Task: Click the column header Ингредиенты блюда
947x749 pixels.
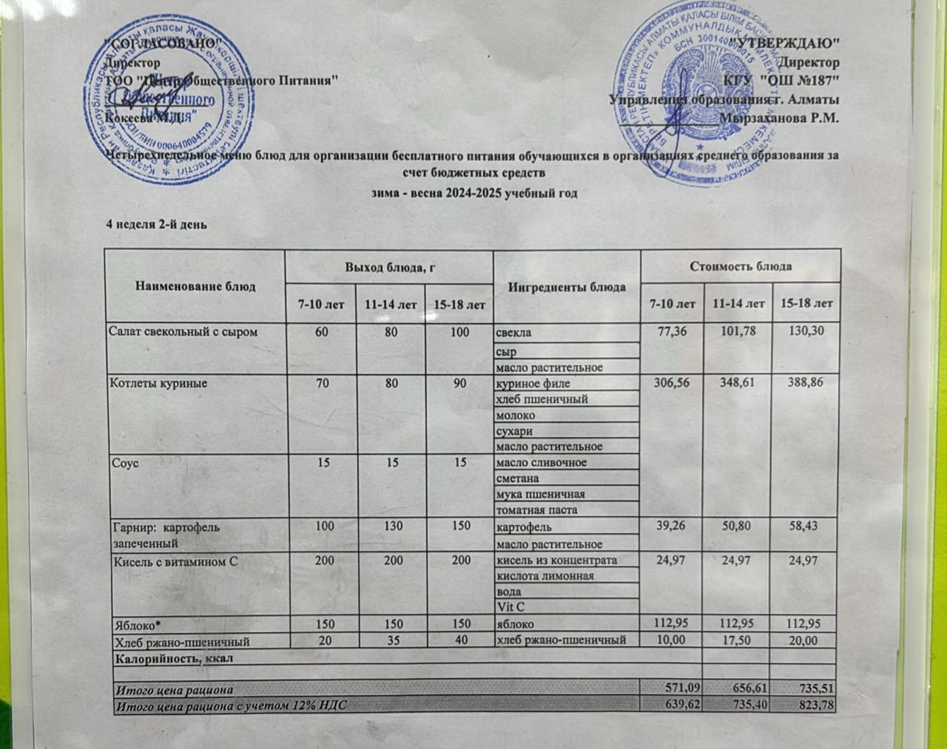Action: coord(567,287)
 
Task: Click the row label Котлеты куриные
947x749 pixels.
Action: coord(158,384)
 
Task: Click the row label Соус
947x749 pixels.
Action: coord(124,463)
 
